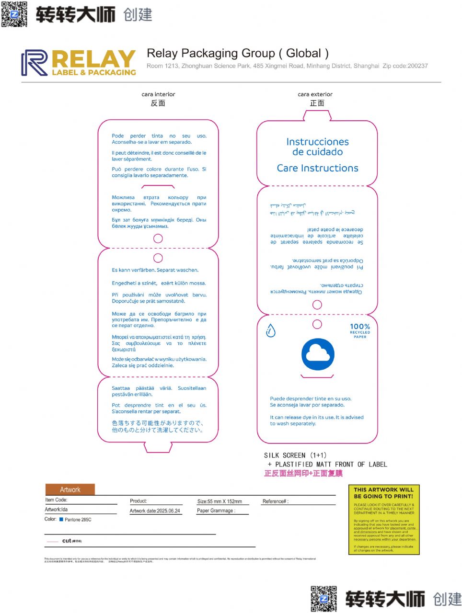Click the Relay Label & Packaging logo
pyautogui.click(x=79, y=63)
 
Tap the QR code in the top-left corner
pyautogui.click(x=14, y=14)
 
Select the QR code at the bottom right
pyautogui.click(x=323, y=598)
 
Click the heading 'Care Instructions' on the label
pyautogui.click(x=317, y=168)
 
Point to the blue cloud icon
pyautogui.click(x=318, y=354)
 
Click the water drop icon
pyautogui.click(x=271, y=330)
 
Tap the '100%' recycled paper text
pyautogui.click(x=359, y=327)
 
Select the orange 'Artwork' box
pyautogui.click(x=70, y=489)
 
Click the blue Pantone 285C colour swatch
pyautogui.click(x=61, y=519)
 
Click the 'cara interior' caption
pyautogui.click(x=158, y=94)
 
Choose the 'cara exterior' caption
pyautogui.click(x=315, y=94)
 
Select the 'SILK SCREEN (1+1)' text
pyautogui.click(x=295, y=455)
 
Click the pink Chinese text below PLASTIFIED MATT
pyautogui.click(x=303, y=473)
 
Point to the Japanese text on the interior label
pyautogui.click(x=158, y=426)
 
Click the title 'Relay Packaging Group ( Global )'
pyautogui.click(x=238, y=53)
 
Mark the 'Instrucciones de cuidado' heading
pyautogui.click(x=317, y=147)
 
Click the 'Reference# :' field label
pyautogui.click(x=276, y=501)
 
